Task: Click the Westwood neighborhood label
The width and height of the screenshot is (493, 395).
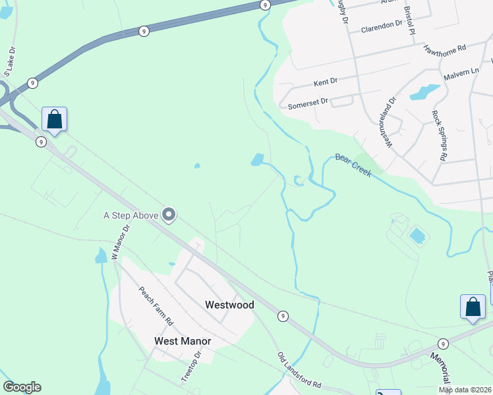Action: click(x=229, y=305)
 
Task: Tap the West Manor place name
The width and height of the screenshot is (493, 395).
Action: click(x=183, y=341)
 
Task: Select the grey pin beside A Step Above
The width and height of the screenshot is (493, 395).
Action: click(x=169, y=215)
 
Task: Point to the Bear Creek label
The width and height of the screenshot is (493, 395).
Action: click(x=353, y=165)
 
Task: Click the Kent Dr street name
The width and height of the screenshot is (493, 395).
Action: click(x=326, y=82)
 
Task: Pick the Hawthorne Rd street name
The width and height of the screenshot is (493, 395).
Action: click(x=445, y=49)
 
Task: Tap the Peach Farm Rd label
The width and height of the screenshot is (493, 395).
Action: click(x=155, y=306)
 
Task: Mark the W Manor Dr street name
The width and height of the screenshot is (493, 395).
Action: click(x=119, y=242)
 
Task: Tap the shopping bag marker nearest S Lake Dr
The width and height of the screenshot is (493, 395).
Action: click(x=55, y=120)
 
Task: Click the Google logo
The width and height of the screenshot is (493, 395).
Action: click(x=22, y=387)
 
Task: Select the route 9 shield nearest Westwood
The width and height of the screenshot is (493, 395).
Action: click(x=282, y=316)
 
